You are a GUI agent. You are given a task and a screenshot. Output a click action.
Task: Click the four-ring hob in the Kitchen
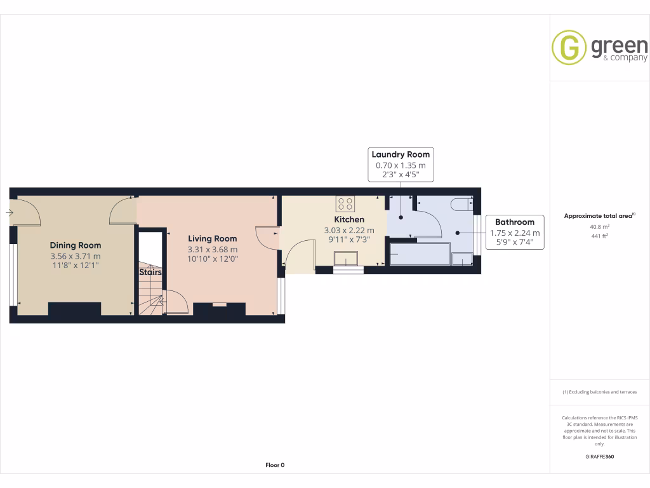[x=346, y=204]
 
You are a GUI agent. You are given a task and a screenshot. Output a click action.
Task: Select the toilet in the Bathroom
[x=461, y=204]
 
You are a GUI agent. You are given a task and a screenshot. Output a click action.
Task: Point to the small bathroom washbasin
[x=462, y=259]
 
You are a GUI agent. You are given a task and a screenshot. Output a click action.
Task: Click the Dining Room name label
[x=76, y=245]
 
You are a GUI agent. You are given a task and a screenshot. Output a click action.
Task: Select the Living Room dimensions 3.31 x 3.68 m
[x=213, y=250]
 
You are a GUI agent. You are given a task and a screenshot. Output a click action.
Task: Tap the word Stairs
[x=150, y=272]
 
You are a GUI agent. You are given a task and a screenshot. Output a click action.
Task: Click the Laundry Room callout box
[x=401, y=164]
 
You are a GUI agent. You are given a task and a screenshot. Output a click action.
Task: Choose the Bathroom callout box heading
[x=515, y=222]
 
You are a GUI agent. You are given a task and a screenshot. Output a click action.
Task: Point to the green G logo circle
[x=569, y=48]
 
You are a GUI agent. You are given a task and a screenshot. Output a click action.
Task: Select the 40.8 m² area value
[x=599, y=226]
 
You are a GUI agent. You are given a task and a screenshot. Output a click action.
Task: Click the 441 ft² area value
[x=599, y=236]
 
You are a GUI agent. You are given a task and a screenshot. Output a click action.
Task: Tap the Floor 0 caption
[x=275, y=465]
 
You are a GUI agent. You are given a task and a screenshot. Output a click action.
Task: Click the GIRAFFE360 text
[x=599, y=456]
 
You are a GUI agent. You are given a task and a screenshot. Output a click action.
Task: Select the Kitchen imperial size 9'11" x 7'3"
[x=349, y=240]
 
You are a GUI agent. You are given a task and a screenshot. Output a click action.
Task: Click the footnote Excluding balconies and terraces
[x=599, y=392]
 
